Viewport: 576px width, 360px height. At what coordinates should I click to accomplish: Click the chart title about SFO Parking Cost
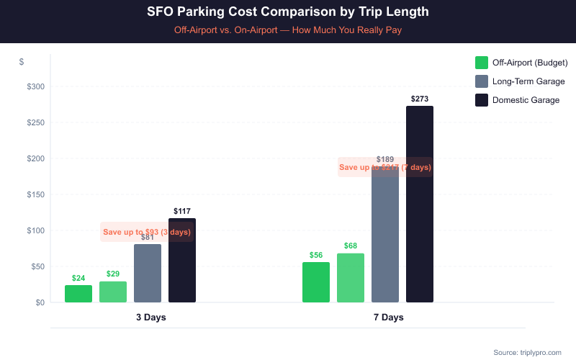[x=288, y=12]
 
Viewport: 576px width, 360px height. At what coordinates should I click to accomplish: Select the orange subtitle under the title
[x=288, y=31]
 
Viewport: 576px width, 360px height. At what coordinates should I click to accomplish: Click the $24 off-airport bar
[x=78, y=294]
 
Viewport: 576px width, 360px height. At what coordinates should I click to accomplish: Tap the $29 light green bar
[x=113, y=292]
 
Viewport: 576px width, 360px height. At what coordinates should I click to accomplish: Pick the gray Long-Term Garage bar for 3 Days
[x=148, y=274]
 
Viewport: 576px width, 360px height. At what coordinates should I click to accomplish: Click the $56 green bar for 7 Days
[x=316, y=282]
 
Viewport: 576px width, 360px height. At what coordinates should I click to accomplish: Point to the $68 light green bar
[x=351, y=278]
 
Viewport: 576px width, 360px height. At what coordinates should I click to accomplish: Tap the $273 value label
[x=420, y=99]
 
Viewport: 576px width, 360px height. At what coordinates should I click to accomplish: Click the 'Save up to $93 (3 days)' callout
[x=147, y=232]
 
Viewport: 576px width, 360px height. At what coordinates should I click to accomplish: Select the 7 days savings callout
[x=385, y=167]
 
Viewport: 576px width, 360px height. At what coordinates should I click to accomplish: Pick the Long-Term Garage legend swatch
[x=482, y=81]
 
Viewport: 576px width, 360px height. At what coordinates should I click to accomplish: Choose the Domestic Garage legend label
[x=526, y=100]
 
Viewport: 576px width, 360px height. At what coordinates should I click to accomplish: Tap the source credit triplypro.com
[x=527, y=352]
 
